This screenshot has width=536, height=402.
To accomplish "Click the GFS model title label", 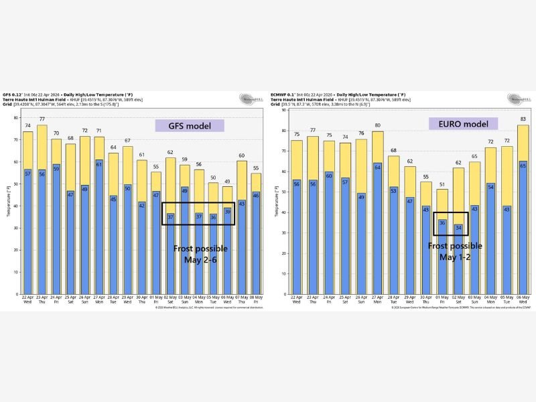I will pos(190,125).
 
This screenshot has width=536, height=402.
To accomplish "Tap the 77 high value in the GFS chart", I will pos(42,120).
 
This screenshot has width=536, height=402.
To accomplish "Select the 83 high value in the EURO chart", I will pos(523,119).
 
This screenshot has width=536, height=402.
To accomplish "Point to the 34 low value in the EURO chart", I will pos(458,228).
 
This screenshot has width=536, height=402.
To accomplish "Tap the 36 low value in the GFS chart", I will pos(213,217).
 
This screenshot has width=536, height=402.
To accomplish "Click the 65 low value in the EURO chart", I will pos(523,164).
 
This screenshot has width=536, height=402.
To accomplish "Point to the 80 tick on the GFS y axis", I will pos(16,118).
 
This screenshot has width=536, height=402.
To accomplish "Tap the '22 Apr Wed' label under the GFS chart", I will pos(27,300).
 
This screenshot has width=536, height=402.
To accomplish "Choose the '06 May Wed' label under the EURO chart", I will pos(523,300).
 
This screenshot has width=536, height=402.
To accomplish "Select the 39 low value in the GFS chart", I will pos(228,211).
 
